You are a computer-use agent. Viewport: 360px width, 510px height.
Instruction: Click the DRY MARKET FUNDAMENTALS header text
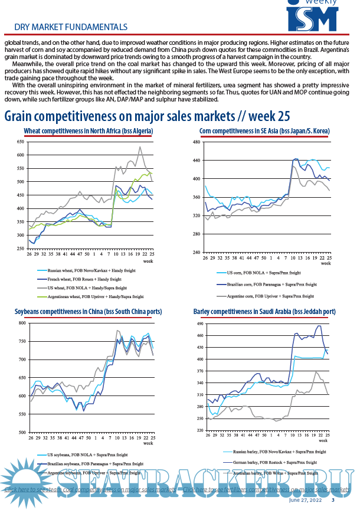(x=70, y=27)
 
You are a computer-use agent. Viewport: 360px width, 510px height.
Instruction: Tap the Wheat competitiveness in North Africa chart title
(x=89, y=131)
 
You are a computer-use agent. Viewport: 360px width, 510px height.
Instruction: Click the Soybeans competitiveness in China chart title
(x=88, y=311)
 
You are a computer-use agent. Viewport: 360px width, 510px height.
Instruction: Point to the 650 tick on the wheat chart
(x=20, y=142)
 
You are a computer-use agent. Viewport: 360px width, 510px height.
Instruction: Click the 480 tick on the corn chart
(x=197, y=142)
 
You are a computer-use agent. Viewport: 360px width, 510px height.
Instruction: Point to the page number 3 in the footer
(x=333, y=501)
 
